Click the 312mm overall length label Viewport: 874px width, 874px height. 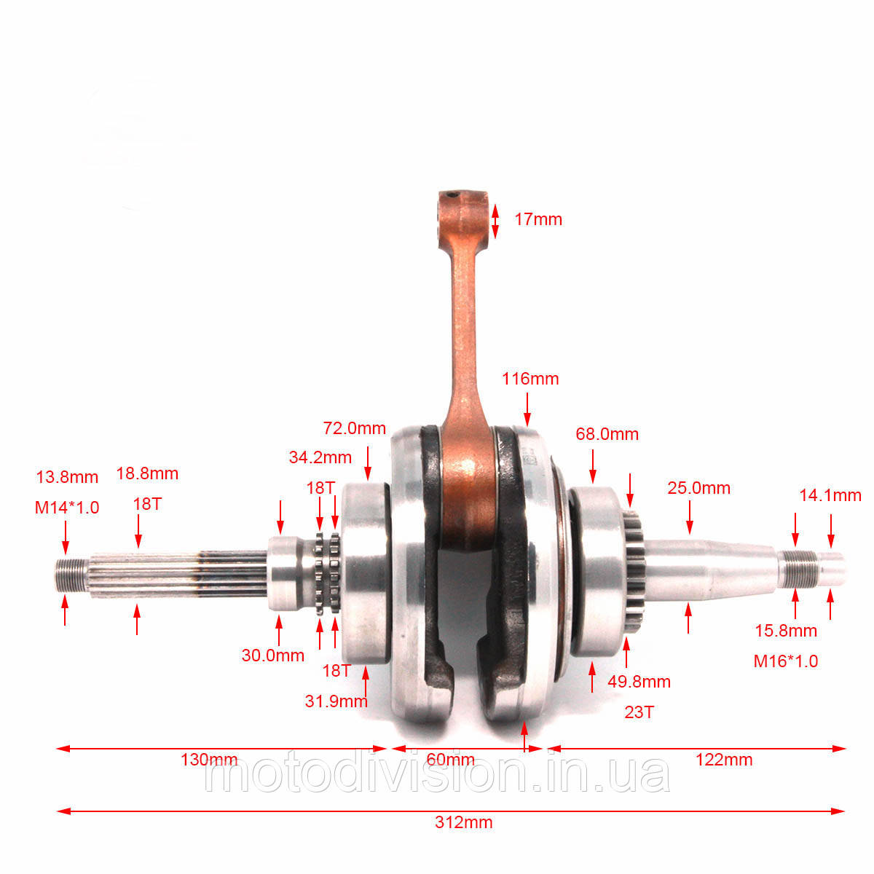tap(463, 822)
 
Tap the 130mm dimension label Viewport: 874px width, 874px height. tap(209, 759)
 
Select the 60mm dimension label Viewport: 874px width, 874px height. tap(450, 759)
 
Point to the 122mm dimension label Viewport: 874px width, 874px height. tap(724, 759)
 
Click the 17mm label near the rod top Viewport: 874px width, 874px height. tap(538, 219)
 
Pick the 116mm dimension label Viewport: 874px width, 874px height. tap(529, 379)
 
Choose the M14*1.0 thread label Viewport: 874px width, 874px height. tap(67, 508)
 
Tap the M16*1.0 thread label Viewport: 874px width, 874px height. tap(786, 661)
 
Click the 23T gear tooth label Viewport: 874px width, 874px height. tap(639, 712)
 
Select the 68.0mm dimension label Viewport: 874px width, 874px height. tap(607, 434)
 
